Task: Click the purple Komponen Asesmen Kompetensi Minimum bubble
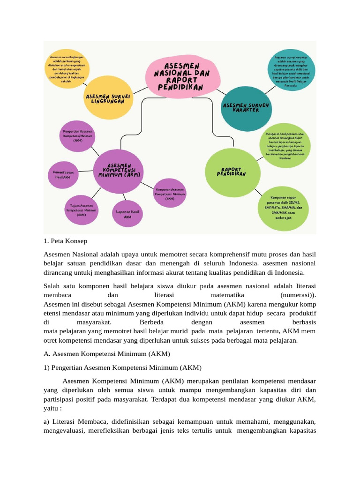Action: click(170, 193)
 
